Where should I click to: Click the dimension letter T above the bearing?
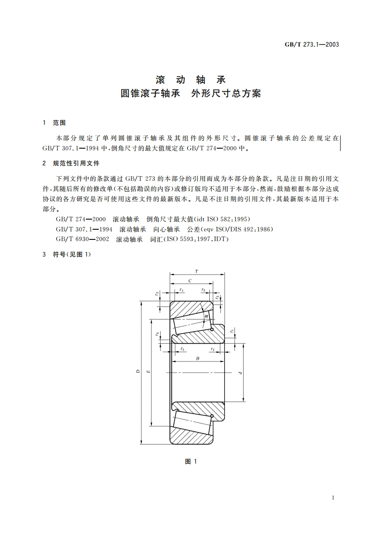pyautogui.click(x=196, y=272)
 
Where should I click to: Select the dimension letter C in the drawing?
pyautogui.click(x=190, y=280)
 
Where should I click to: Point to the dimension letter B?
pyautogui.click(x=197, y=358)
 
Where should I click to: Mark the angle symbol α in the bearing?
pyautogui.click(x=206, y=316)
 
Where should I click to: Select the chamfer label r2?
pyautogui.click(x=212, y=348)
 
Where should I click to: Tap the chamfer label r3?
pyautogui.click(x=157, y=293)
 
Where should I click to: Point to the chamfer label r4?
pyautogui.click(x=181, y=290)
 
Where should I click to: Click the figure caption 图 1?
pyautogui.click(x=191, y=462)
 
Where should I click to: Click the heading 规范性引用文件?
pyautogui.click(x=76, y=164)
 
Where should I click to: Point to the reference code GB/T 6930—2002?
pyautogui.click(x=82, y=239)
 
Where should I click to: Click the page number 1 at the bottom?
pyautogui.click(x=333, y=498)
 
